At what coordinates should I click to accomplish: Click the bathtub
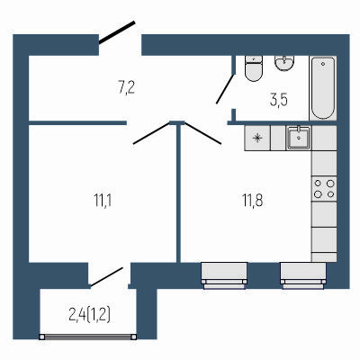[x=323, y=86]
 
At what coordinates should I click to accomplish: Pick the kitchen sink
[x=298, y=138]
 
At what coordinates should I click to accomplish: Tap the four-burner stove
[x=323, y=188]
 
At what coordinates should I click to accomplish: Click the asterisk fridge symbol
[x=257, y=138]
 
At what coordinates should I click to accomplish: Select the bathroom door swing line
[x=226, y=89]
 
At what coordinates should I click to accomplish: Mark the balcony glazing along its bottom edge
[x=89, y=337]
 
